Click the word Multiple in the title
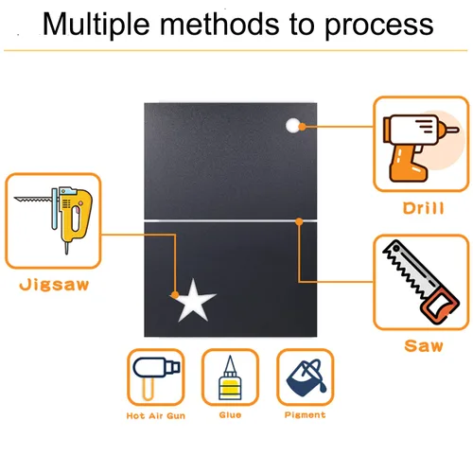[x=96, y=25]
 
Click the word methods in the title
[x=219, y=24]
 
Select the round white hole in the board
[x=293, y=126]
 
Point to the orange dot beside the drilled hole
[x=302, y=127]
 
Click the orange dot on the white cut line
[x=299, y=221]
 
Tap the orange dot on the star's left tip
[x=175, y=295]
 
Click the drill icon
[x=421, y=149]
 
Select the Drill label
[x=424, y=208]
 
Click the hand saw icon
[x=421, y=282]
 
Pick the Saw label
[x=424, y=345]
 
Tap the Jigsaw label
[x=54, y=285]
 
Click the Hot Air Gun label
[x=156, y=416]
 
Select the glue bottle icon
[x=230, y=377]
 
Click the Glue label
[x=230, y=415]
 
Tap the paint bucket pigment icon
[x=306, y=377]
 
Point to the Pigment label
[x=305, y=415]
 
